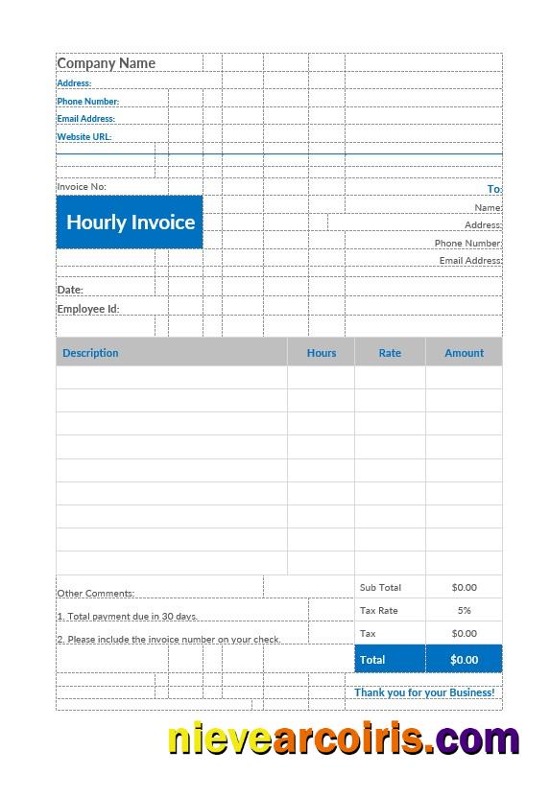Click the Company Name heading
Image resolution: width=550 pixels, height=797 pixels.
pyautogui.click(x=106, y=63)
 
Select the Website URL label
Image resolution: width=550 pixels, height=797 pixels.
pyautogui.click(x=84, y=137)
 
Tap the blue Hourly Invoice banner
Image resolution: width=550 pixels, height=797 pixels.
pyautogui.click(x=130, y=223)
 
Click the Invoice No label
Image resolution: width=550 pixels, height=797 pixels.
pyautogui.click(x=82, y=187)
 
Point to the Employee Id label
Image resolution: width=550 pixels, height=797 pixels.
pyautogui.click(x=87, y=309)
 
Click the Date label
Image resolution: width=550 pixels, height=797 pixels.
pyautogui.click(x=70, y=290)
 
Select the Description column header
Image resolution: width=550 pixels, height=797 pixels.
pyautogui.click(x=90, y=353)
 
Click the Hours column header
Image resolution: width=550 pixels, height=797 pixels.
pyautogui.click(x=322, y=353)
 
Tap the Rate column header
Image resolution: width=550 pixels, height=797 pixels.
pyautogui.click(x=390, y=353)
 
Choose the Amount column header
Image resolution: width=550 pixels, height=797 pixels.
pyautogui.click(x=464, y=353)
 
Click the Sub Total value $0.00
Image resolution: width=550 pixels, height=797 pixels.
pyautogui.click(x=464, y=587)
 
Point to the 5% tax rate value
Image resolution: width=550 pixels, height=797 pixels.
pyautogui.click(x=464, y=610)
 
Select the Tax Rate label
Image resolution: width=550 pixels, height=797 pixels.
pyautogui.click(x=378, y=610)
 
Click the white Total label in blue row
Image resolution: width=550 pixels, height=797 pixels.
pyautogui.click(x=372, y=660)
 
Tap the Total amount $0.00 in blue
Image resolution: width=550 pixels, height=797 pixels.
pyautogui.click(x=464, y=660)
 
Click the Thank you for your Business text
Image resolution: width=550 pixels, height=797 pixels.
pyautogui.click(x=424, y=692)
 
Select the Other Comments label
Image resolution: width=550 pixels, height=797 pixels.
pyautogui.click(x=95, y=594)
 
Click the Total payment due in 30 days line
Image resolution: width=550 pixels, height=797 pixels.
pyautogui.click(x=128, y=617)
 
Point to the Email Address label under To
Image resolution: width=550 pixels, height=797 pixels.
pyautogui.click(x=470, y=261)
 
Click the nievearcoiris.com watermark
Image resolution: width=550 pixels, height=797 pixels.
pyautogui.click(x=344, y=739)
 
